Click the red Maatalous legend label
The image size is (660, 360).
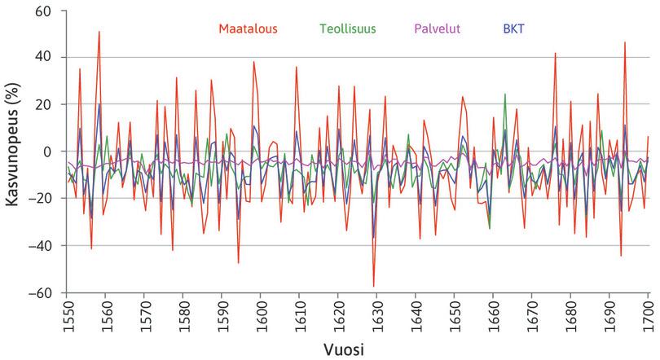249,29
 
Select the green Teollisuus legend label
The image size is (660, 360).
348,29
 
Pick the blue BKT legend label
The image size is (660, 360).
514,29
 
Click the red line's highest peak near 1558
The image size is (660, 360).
99,32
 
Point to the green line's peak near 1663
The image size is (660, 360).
505,94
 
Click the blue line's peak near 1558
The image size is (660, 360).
99,103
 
